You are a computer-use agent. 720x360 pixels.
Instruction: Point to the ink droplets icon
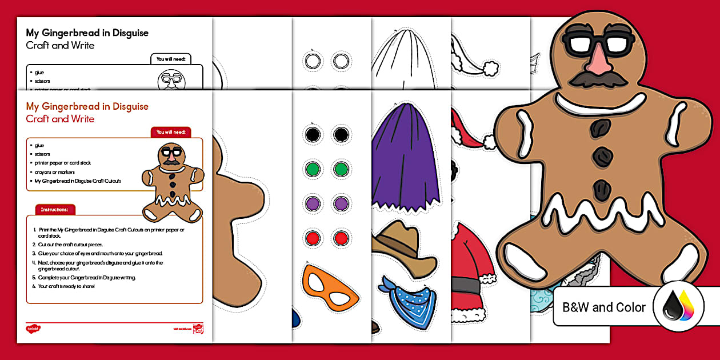click(679, 307)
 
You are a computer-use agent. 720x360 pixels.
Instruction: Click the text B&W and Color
click(604, 307)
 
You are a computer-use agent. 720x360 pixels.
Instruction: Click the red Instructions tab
click(55, 210)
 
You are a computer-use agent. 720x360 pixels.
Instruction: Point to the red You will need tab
click(171, 132)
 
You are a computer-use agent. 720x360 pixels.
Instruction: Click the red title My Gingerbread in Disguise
click(87, 106)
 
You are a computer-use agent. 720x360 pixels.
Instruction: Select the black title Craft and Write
click(60, 46)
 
